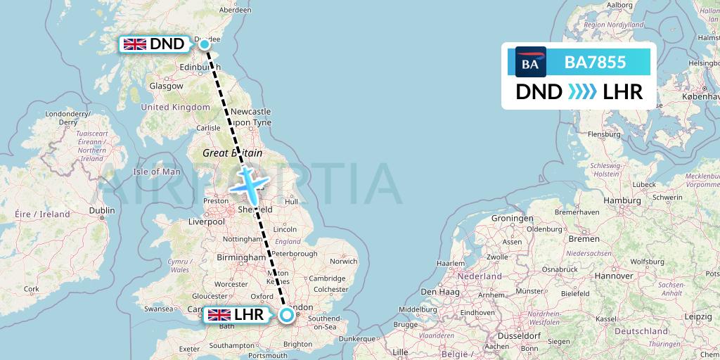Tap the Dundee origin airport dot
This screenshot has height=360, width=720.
pos(205,44)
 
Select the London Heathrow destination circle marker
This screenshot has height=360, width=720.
pos(287,315)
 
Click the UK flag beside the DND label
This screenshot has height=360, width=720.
pos(134,44)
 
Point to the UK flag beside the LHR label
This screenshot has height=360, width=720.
pos(219,315)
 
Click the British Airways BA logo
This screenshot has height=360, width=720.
pos(530,63)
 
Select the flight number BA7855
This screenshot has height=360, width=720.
pos(595,63)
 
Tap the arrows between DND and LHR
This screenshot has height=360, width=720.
pos(581,92)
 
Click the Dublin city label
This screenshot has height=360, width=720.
pos(102,210)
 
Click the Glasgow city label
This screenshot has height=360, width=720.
pos(166,86)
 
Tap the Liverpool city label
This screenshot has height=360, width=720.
pos(206,221)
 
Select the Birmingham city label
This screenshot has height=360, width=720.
pos(241,258)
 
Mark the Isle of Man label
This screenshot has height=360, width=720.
pos(157,172)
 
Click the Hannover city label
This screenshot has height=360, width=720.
pos(614,276)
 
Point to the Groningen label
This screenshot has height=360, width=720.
pos(512,219)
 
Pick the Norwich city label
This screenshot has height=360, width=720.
pos(344,262)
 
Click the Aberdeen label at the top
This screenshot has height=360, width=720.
pos(235,10)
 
